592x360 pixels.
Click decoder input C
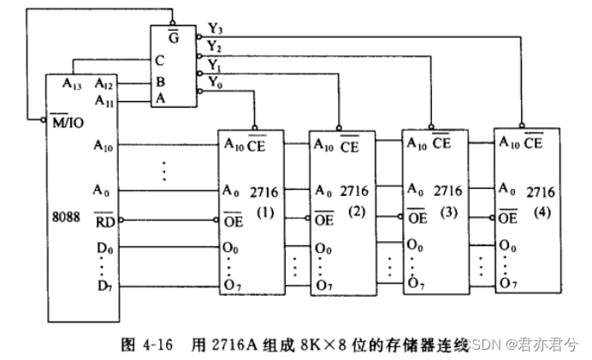160,62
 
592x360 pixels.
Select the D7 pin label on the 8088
104,285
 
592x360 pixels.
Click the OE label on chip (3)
416,217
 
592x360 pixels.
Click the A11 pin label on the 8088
105,102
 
